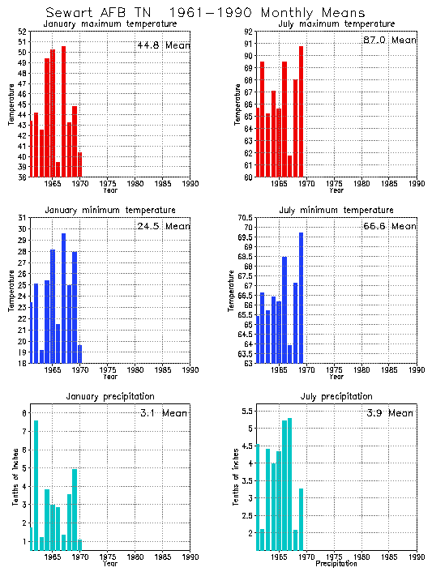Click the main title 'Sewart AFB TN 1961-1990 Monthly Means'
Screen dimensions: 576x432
click(205, 13)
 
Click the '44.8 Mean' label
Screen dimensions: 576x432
click(162, 45)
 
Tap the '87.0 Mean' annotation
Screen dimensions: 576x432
click(389, 40)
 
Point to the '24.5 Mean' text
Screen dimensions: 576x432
click(162, 226)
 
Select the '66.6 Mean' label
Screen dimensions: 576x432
click(389, 226)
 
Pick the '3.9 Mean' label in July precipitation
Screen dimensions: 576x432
click(389, 412)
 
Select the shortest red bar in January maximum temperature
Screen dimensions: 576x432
click(58, 169)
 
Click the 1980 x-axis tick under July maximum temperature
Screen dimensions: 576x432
click(361, 184)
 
